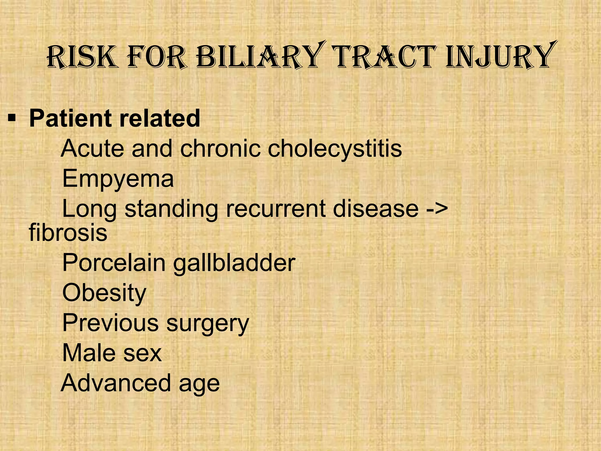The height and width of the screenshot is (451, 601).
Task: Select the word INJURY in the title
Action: click(x=499, y=56)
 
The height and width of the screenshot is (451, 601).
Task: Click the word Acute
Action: click(x=92, y=149)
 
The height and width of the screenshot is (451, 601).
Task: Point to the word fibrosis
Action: click(x=68, y=233)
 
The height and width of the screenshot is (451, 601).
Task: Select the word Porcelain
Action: click(x=114, y=263)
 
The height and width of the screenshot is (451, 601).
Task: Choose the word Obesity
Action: click(x=104, y=293)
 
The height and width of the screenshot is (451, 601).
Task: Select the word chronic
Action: click(x=220, y=149)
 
